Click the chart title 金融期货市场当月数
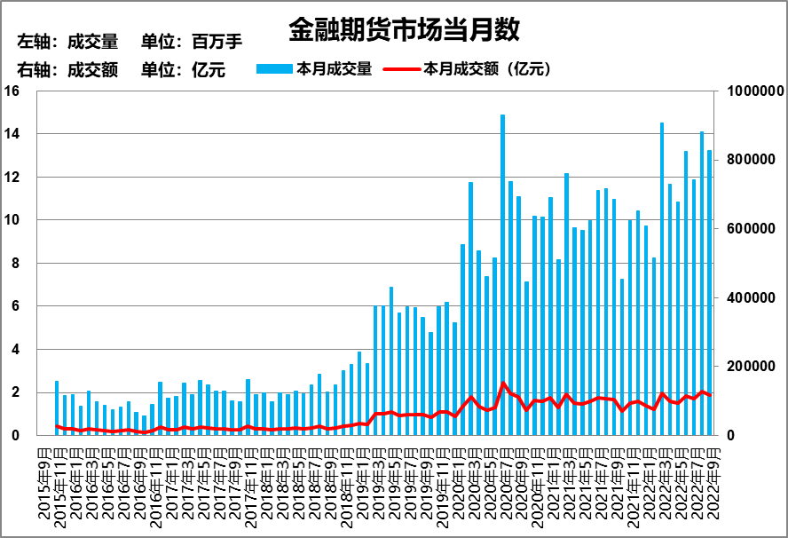click(x=404, y=30)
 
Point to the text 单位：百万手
click(x=192, y=42)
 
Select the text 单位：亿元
click(x=184, y=71)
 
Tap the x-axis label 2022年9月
click(x=710, y=488)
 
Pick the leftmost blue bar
click(x=57, y=408)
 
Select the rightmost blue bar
click(x=709, y=292)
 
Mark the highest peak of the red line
click(x=503, y=384)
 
